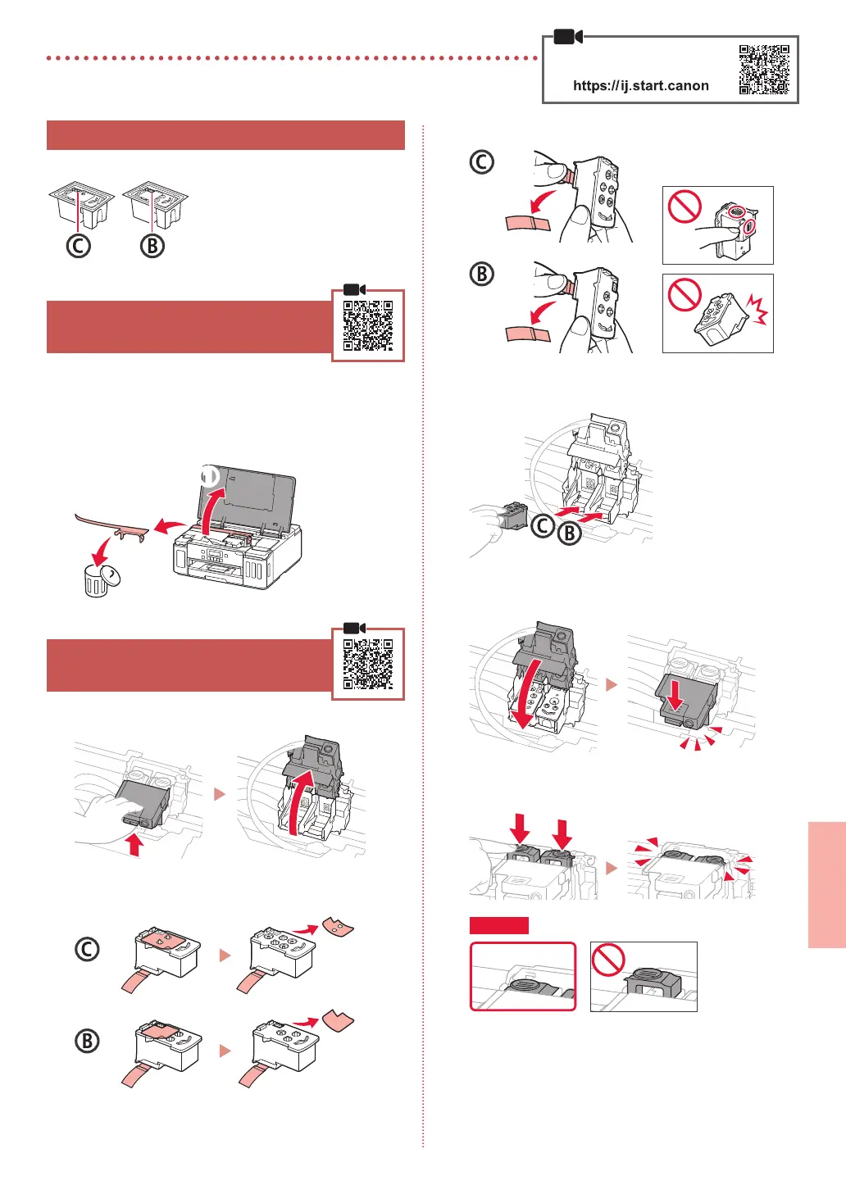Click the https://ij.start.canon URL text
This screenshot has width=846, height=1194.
640,85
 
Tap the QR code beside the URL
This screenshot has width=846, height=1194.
764,70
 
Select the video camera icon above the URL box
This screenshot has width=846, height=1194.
568,37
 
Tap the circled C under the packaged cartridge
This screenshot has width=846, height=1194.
79,246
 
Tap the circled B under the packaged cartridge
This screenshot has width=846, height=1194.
152,246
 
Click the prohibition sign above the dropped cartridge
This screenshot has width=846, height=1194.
685,295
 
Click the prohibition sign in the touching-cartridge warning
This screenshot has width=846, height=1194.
685,207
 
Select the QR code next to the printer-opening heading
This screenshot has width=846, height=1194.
368,326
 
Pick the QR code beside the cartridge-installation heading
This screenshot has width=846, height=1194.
368,665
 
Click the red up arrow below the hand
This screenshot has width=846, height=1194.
135,844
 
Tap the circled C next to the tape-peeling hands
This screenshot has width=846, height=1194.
482,162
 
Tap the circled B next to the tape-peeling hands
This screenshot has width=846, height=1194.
482,274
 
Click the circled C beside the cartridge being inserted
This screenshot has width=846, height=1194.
543,525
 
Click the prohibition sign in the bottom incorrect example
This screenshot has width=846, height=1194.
608,960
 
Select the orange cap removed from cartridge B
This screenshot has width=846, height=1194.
338,1020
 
